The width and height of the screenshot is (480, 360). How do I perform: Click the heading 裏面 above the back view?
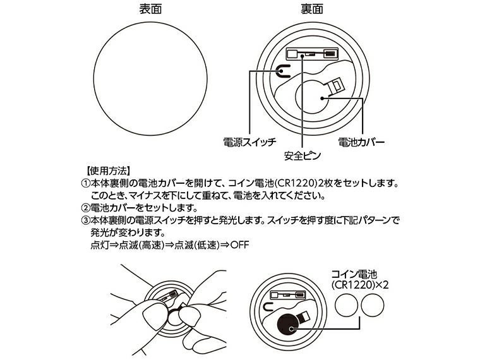click(311, 10)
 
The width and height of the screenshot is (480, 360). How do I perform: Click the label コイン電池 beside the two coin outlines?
click(354, 273)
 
